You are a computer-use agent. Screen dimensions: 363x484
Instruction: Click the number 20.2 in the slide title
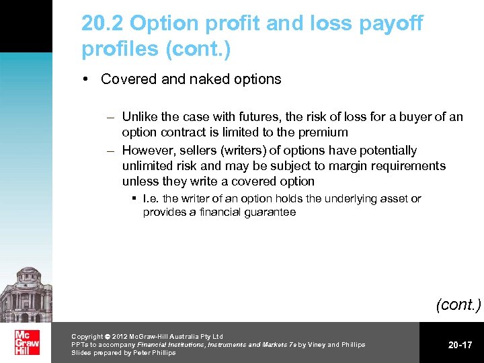point(103,24)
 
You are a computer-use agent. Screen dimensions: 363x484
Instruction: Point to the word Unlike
point(140,117)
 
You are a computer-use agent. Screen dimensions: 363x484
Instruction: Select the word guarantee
point(271,212)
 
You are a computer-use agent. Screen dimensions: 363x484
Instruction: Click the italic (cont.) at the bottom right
point(458,305)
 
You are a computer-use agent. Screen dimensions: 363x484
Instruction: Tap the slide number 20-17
point(460,345)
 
